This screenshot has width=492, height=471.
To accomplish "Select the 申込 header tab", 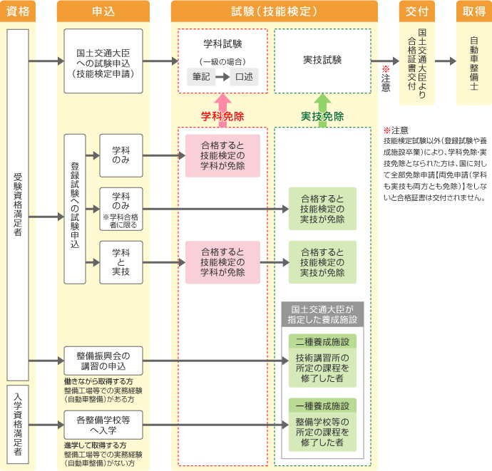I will pyautogui.click(x=103, y=11).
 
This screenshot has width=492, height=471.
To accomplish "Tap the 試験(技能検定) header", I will pyautogui.click(x=273, y=11).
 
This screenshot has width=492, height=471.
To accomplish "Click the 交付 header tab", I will pyautogui.click(x=417, y=11).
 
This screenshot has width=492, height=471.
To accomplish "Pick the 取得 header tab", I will pyautogui.click(x=473, y=11).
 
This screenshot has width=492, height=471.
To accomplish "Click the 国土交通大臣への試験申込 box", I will pyautogui.click(x=103, y=61).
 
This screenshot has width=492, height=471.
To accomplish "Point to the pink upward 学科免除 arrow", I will pyautogui.click(x=222, y=100).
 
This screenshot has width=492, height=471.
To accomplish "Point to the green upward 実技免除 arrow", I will pyautogui.click(x=322, y=100).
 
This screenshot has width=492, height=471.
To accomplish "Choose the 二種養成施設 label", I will pyautogui.click(x=322, y=341).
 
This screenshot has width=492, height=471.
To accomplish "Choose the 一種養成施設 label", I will pyautogui.click(x=322, y=406).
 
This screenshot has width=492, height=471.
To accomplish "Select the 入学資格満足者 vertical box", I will pyautogui.click(x=18, y=425).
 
